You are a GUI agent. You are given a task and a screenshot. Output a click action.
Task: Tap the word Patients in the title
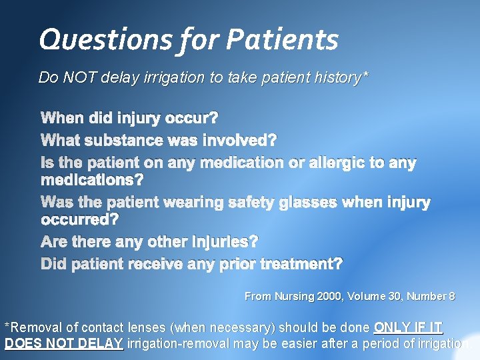click(282, 40)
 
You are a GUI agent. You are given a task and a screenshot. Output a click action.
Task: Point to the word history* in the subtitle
click(339, 78)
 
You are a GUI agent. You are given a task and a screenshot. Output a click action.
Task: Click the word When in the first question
click(62, 119)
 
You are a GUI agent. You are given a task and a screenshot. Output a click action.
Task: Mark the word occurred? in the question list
click(79, 219)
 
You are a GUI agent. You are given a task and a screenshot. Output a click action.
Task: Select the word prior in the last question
click(237, 264)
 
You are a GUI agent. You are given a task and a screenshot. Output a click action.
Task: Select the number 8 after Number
click(452, 296)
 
